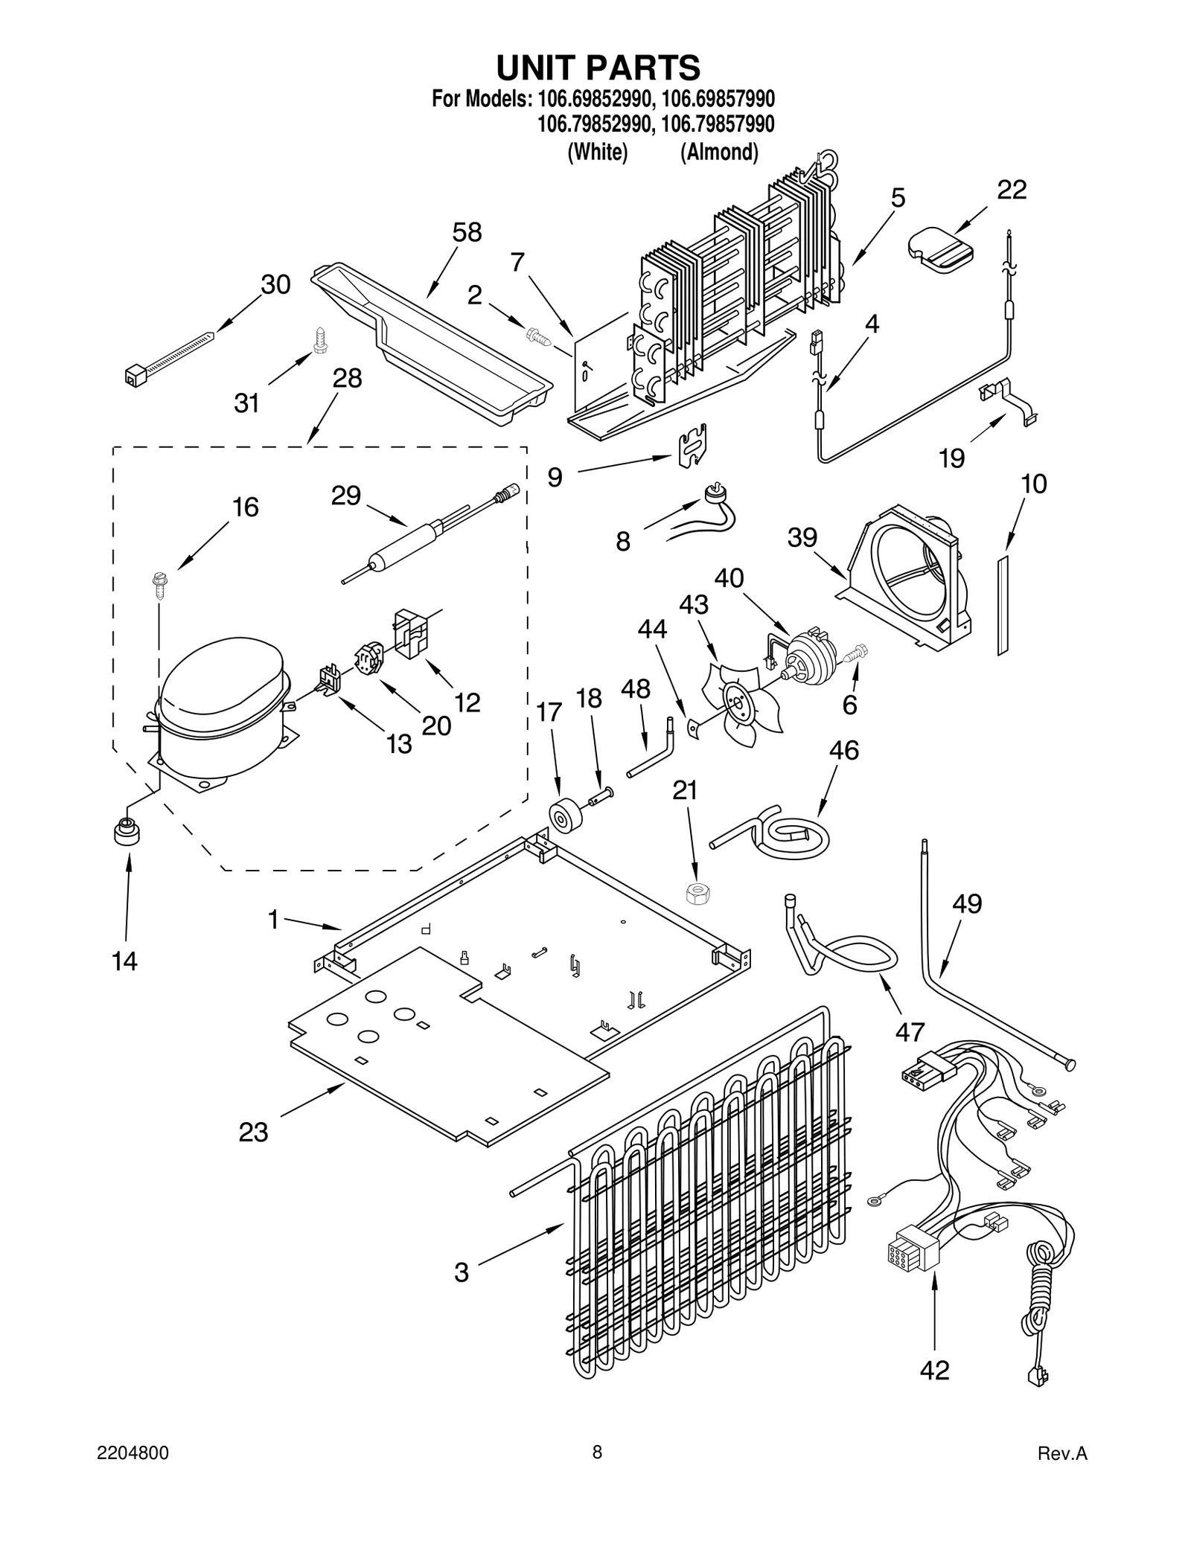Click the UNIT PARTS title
pos(598,68)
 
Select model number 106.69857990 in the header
pos(718,98)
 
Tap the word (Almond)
pos(719,153)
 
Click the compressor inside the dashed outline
pos(222,707)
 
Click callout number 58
pos(467,232)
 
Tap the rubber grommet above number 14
pos(126,830)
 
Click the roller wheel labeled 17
pos(566,815)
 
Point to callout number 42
pos(935,1370)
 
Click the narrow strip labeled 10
pos(1003,603)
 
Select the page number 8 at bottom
pos(596,1472)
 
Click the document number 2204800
pos(133,1473)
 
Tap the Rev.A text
pos(1062,1473)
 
